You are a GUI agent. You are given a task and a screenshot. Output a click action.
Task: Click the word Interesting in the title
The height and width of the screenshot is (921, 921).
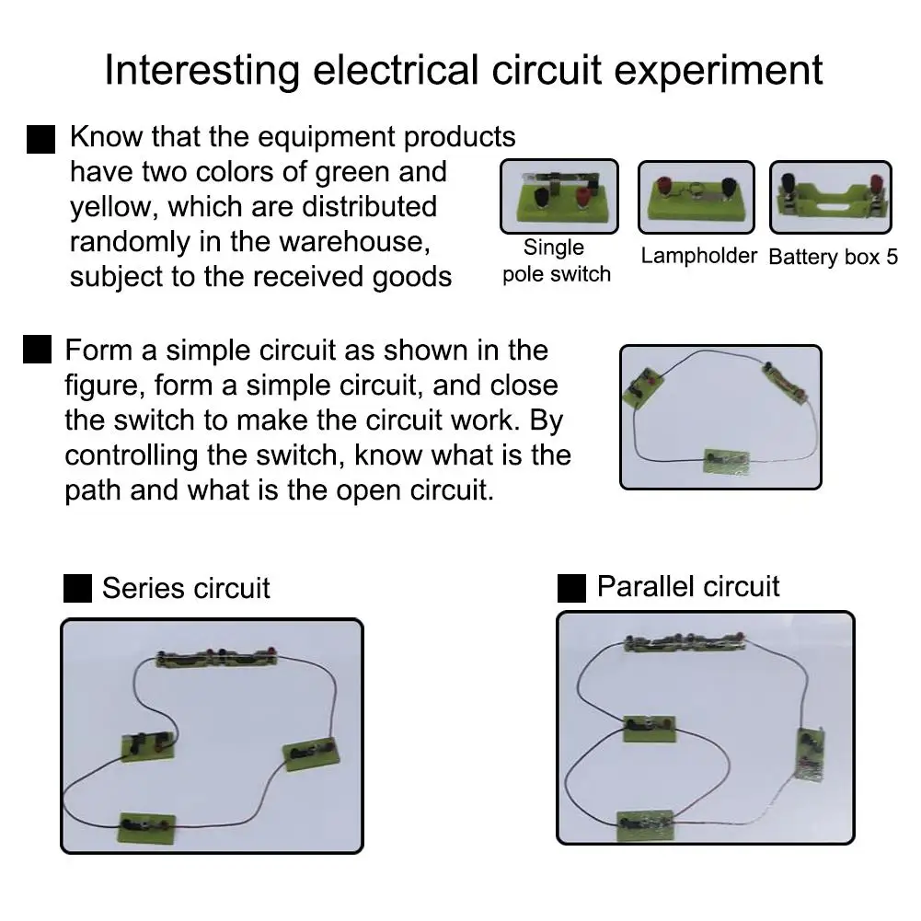point(201,72)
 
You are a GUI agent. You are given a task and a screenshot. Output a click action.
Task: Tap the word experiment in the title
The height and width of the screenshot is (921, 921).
point(717,72)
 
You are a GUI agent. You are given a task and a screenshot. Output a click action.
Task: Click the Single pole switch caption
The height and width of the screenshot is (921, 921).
point(556,261)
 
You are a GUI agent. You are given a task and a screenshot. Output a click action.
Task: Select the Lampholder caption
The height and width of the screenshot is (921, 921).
point(698,256)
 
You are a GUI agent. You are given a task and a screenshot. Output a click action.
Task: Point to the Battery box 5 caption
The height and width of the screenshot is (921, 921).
point(833,257)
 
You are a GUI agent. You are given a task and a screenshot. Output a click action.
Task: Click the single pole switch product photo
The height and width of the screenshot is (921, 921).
point(558,196)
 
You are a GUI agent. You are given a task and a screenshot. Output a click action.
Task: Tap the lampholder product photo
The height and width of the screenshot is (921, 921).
point(696,197)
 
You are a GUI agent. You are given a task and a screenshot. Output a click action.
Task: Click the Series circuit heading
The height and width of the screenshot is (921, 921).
point(186,589)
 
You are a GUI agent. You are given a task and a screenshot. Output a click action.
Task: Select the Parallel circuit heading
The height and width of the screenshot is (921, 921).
point(687,586)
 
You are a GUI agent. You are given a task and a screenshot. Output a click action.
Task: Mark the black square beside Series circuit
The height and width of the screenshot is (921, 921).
point(77,589)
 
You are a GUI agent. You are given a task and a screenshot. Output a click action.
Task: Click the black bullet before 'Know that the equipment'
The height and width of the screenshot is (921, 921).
point(41,140)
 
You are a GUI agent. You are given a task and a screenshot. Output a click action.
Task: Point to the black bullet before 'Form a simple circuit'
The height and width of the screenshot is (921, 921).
point(36,351)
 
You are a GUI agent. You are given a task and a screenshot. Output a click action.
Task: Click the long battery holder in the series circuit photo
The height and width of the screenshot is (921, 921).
point(219,657)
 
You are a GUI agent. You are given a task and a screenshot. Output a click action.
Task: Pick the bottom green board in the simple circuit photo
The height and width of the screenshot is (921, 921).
point(727,458)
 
